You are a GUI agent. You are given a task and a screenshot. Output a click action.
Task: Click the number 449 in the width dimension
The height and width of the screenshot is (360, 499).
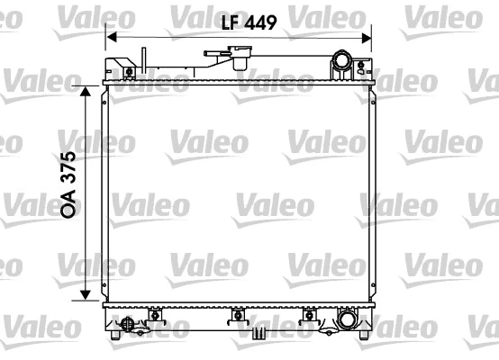point(257,23)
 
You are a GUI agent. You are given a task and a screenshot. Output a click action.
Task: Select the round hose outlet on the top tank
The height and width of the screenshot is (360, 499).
point(341,62)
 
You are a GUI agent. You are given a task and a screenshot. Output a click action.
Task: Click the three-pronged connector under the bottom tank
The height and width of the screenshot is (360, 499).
point(259,333)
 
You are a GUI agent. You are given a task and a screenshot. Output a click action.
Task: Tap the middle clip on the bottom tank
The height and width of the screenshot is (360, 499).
point(239,315)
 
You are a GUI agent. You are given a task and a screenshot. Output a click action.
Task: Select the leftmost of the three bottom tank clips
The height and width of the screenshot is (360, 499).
point(154,315)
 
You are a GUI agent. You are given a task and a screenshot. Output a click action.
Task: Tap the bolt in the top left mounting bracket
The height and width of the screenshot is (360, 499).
point(129,72)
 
